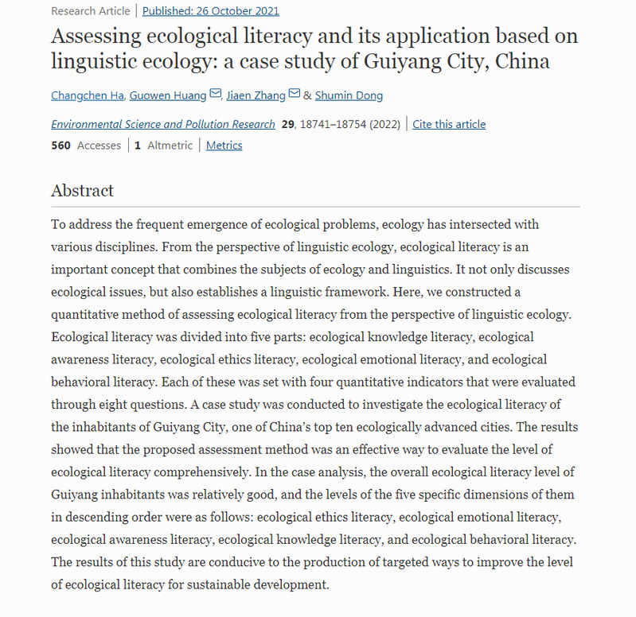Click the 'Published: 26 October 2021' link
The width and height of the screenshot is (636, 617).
pyautogui.click(x=211, y=11)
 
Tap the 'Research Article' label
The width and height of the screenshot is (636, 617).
pyautogui.click(x=90, y=11)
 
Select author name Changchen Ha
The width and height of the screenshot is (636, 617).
pyautogui.click(x=88, y=95)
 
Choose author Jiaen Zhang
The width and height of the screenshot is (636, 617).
pyautogui.click(x=256, y=95)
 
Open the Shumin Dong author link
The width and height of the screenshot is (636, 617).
pyautogui.click(x=349, y=95)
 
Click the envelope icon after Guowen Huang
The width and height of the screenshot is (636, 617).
pyautogui.click(x=215, y=95)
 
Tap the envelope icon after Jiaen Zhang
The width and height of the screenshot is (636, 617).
pyautogui.click(x=295, y=95)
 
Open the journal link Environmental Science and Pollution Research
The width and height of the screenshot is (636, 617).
pyautogui.click(x=163, y=124)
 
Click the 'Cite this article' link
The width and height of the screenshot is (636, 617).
pyautogui.click(x=449, y=124)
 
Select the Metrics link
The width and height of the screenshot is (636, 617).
pyautogui.click(x=224, y=146)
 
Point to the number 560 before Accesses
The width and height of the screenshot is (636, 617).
pyautogui.click(x=61, y=146)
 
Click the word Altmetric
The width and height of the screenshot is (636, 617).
pyautogui.click(x=170, y=146)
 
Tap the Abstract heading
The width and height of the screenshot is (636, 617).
pyautogui.click(x=82, y=191)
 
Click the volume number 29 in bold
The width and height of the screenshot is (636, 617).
pyautogui.click(x=289, y=124)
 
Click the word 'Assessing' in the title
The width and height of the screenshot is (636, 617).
pyautogui.click(x=99, y=36)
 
